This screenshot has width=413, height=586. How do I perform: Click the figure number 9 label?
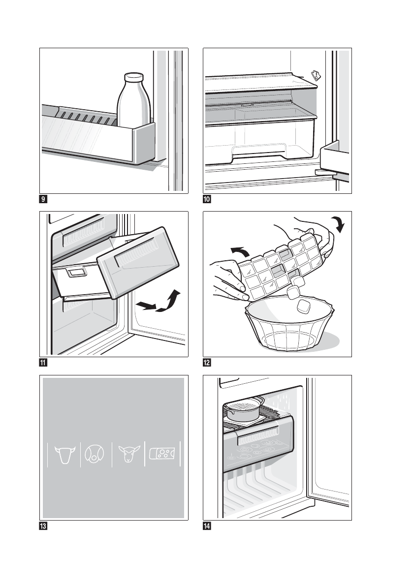43,200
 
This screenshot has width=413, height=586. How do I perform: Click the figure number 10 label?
208,200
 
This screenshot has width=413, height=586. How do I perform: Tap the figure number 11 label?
43,364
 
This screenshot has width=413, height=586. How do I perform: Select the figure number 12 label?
208,364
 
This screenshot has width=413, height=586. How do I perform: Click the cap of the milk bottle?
133,78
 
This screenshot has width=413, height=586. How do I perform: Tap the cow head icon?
64,455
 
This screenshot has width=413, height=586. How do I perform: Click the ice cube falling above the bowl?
303,307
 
